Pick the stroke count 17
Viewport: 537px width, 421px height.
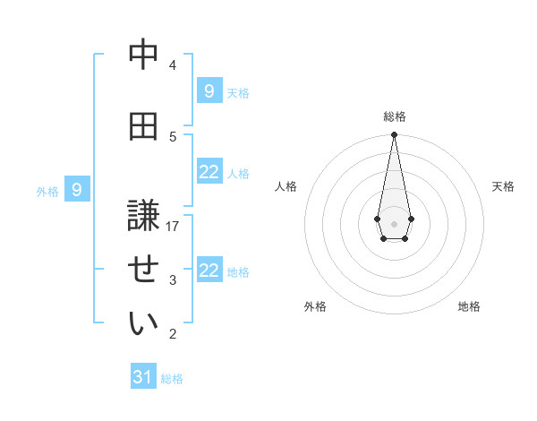pyautogui.click(x=173, y=227)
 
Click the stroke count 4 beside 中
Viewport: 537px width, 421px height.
pyautogui.click(x=173, y=65)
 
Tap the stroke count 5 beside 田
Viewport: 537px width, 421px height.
pyautogui.click(x=173, y=136)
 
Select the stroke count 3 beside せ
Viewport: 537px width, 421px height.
pyautogui.click(x=173, y=280)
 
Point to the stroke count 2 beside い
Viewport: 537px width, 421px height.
pyautogui.click(x=173, y=334)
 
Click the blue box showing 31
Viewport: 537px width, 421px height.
pyautogui.click(x=143, y=377)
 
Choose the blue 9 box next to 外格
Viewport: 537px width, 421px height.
pyautogui.click(x=77, y=190)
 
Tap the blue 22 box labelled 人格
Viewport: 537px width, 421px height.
pyautogui.click(x=209, y=172)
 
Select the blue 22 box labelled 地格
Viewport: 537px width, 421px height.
pyautogui.click(x=209, y=271)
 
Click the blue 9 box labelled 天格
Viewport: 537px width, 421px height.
pyautogui.click(x=209, y=91)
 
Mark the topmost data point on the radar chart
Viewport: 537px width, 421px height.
pyautogui.click(x=394, y=135)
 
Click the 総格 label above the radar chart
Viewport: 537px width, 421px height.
pyautogui.click(x=395, y=116)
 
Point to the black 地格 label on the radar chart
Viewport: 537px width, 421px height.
pyautogui.click(x=469, y=306)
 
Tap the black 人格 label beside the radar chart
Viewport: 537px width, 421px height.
pyautogui.click(x=286, y=186)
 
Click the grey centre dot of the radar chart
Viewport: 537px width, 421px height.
pyautogui.click(x=394, y=222)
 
